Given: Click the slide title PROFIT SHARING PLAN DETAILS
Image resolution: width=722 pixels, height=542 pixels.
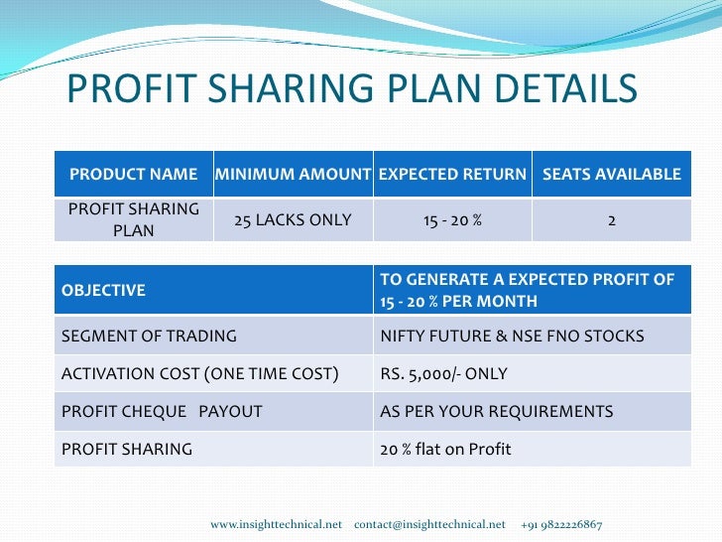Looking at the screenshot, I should click(x=351, y=89).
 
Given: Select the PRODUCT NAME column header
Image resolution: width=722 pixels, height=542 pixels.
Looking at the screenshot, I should click(x=133, y=175).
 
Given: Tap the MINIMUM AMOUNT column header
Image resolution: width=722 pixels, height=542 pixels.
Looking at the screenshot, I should click(x=293, y=175).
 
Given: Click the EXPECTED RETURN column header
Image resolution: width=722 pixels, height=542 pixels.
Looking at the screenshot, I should click(x=452, y=175).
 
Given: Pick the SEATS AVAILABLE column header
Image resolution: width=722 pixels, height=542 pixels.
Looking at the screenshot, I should click(x=611, y=175).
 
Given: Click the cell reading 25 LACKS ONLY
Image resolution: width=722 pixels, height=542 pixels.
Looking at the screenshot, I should click(x=293, y=219).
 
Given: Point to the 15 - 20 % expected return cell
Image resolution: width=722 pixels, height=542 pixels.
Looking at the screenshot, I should click(x=452, y=219).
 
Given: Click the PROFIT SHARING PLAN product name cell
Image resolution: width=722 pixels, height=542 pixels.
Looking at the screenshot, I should click(x=133, y=219).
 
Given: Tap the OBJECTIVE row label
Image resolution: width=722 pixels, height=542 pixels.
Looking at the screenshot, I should click(x=104, y=291).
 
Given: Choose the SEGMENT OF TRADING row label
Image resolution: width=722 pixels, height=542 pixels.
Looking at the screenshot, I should click(x=149, y=336).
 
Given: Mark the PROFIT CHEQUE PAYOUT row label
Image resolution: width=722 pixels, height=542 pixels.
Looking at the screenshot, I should click(x=162, y=411).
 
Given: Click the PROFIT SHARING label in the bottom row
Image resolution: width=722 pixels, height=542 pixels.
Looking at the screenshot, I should click(x=127, y=449).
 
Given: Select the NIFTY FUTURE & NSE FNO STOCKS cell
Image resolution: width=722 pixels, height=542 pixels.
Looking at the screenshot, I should click(x=512, y=336).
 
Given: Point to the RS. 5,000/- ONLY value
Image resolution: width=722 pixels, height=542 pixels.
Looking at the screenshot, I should click(x=443, y=374).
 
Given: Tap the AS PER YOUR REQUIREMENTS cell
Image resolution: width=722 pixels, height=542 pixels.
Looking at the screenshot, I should click(x=497, y=411).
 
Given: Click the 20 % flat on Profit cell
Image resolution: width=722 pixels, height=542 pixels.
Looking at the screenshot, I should click(x=445, y=449).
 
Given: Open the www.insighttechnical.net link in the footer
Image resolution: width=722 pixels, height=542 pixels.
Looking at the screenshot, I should click(x=276, y=524).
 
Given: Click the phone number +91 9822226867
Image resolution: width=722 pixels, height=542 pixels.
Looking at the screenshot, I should click(x=560, y=524).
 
